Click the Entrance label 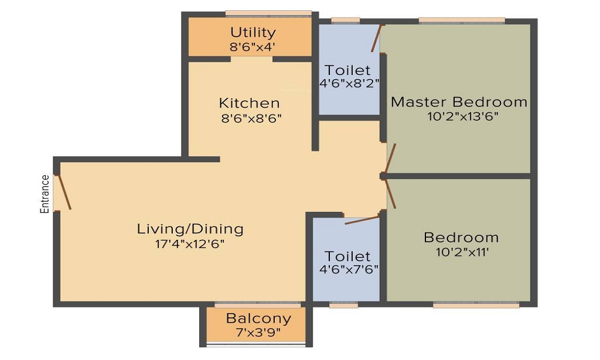(45, 194)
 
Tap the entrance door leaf (64, 193)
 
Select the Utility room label (253, 32)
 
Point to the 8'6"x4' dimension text (253, 47)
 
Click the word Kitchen (250, 103)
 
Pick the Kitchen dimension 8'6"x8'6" (251, 118)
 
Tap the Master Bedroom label (459, 102)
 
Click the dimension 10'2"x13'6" (463, 116)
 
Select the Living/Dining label (190, 229)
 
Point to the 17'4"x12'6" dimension (190, 244)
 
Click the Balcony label (259, 318)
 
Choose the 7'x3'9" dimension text (258, 332)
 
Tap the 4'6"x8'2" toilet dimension (349, 83)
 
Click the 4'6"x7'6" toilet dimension (349, 269)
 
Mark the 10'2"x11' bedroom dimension (462, 252)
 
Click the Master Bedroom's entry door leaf (391, 158)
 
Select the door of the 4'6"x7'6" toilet (362, 220)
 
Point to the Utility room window (268, 13)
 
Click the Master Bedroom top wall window (462, 20)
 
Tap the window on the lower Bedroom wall (476, 305)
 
